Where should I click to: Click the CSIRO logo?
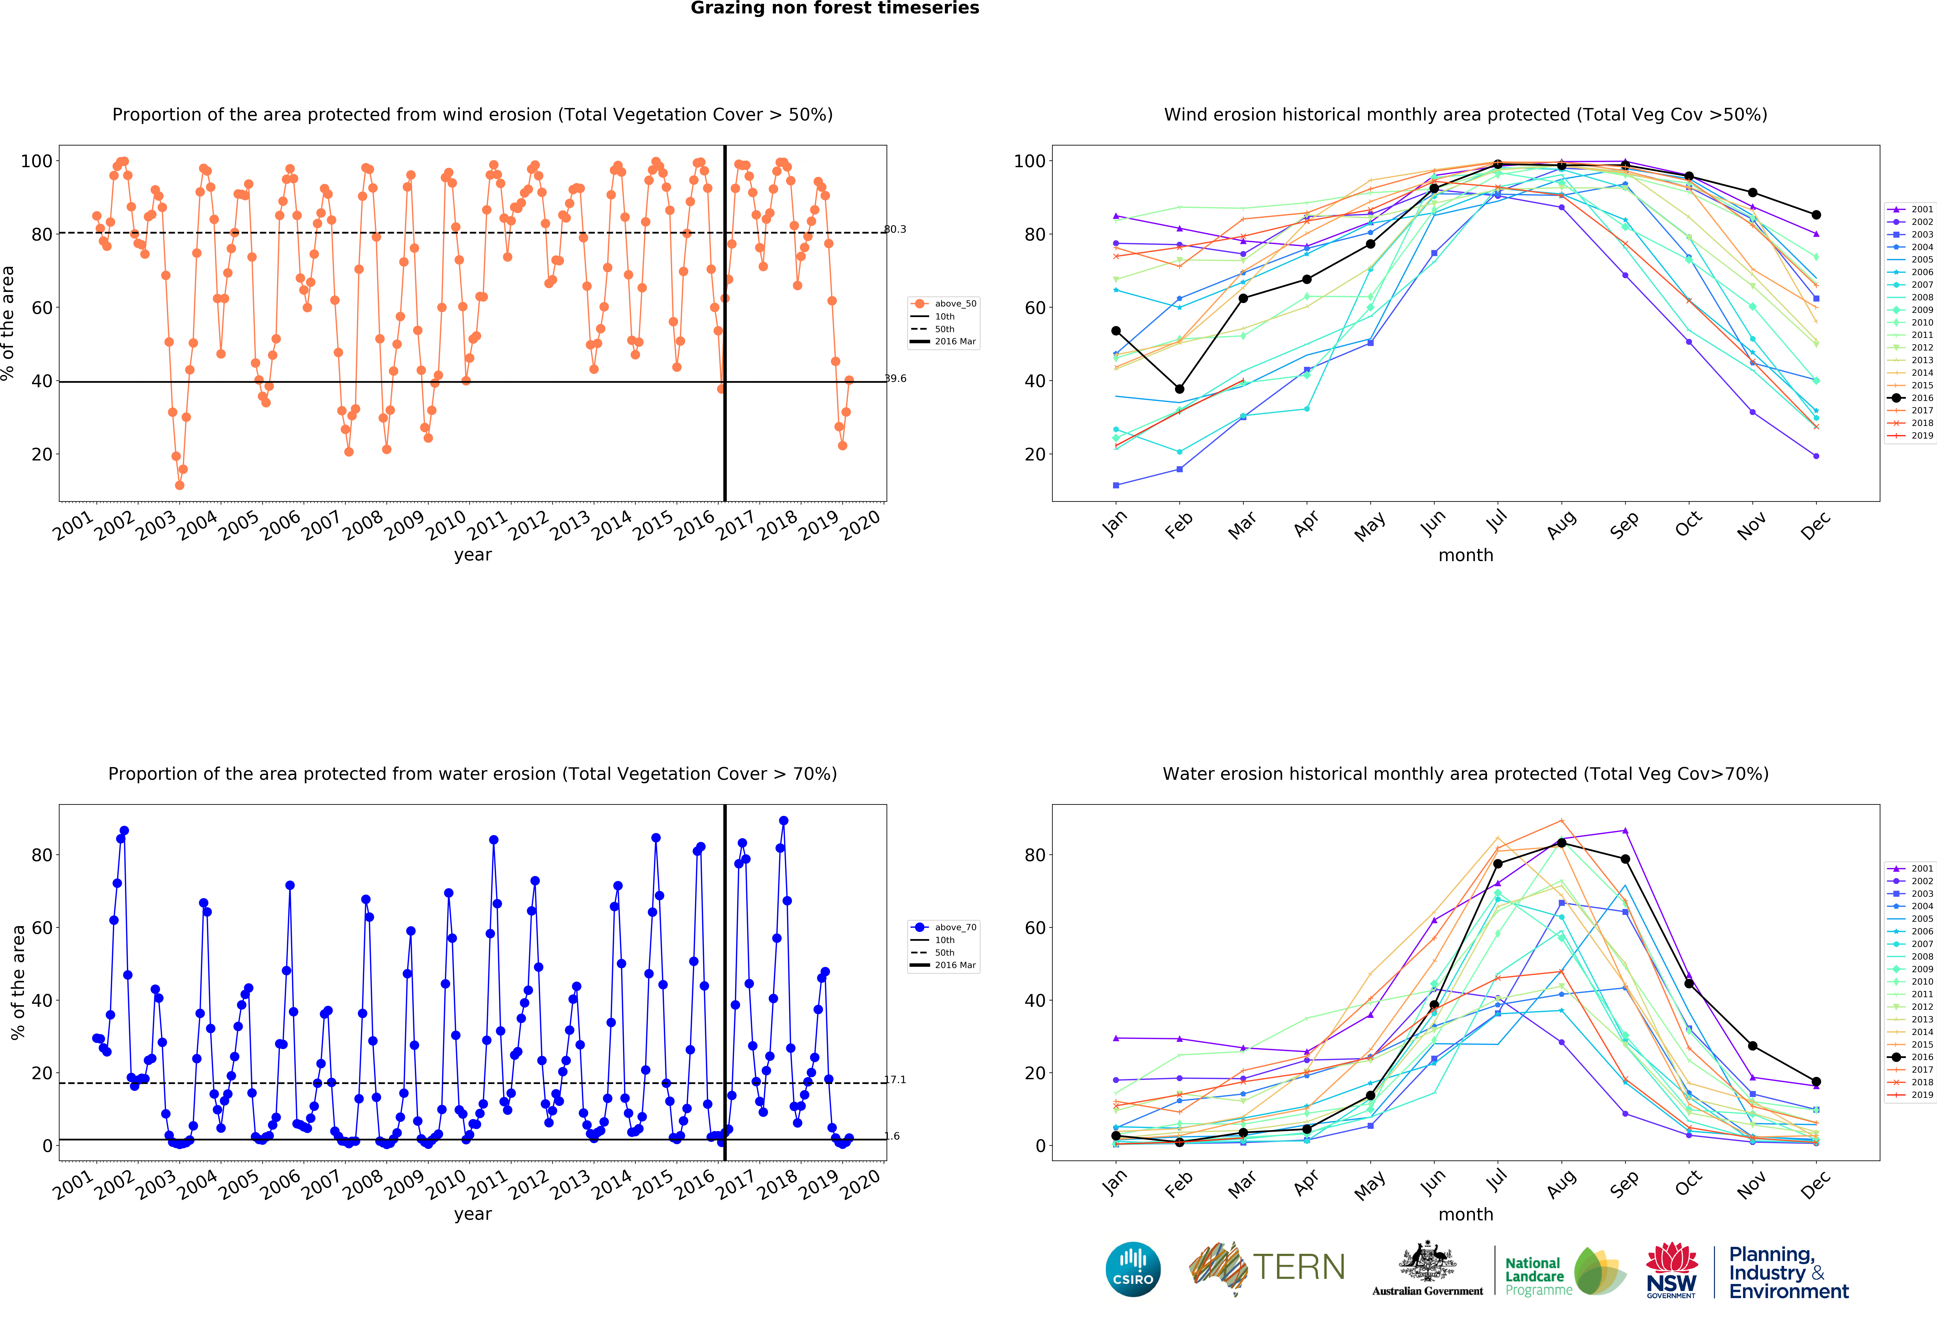[x=1133, y=1269]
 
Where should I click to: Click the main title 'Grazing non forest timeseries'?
[x=834, y=8]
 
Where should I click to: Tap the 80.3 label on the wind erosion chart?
[x=895, y=229]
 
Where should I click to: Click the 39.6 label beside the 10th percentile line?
[x=895, y=378]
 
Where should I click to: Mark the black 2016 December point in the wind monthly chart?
[x=1816, y=215]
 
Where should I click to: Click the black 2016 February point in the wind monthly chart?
[x=1179, y=389]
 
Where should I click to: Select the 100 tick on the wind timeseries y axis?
[x=36, y=161]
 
